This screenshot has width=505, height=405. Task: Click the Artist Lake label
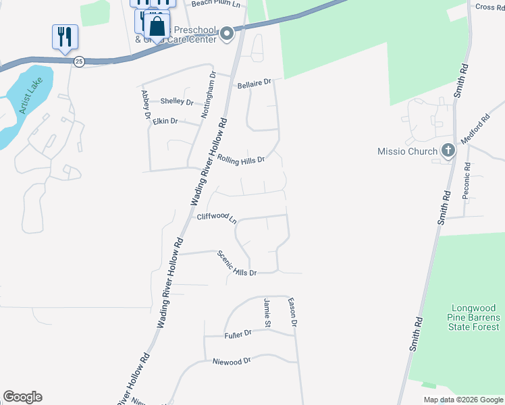pyautogui.click(x=30, y=99)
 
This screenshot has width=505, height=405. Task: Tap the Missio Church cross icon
pyautogui.click(x=447, y=151)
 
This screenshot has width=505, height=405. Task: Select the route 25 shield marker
pyautogui.click(x=79, y=61)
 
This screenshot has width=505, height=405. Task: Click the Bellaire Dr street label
pyautogui.click(x=255, y=84)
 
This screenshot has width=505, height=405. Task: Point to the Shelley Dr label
pyautogui.click(x=177, y=101)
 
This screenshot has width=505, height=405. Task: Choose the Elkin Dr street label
pyautogui.click(x=165, y=122)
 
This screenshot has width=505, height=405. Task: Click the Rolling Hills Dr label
pyautogui.click(x=240, y=159)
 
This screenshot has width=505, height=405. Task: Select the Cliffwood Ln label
pyautogui.click(x=217, y=217)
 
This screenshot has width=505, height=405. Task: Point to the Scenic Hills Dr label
pyautogui.click(x=236, y=263)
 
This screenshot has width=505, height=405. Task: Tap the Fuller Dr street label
pyautogui.click(x=238, y=333)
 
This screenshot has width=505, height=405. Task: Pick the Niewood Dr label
pyautogui.click(x=231, y=362)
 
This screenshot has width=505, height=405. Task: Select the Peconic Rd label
pyautogui.click(x=467, y=180)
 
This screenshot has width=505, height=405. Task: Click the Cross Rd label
pyautogui.click(x=489, y=7)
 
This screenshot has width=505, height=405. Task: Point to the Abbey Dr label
pyautogui.click(x=145, y=105)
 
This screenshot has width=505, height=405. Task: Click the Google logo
pyautogui.click(x=22, y=397)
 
